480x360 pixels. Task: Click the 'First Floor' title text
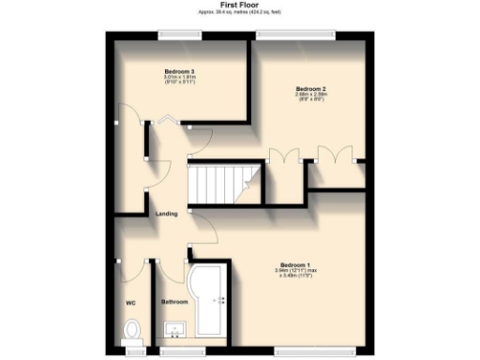[240, 6]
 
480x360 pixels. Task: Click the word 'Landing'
[167, 214]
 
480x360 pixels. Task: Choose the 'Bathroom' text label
[175, 302]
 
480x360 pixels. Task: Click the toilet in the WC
[132, 329]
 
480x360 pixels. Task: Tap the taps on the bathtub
[222, 300]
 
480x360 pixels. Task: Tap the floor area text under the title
[240, 13]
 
